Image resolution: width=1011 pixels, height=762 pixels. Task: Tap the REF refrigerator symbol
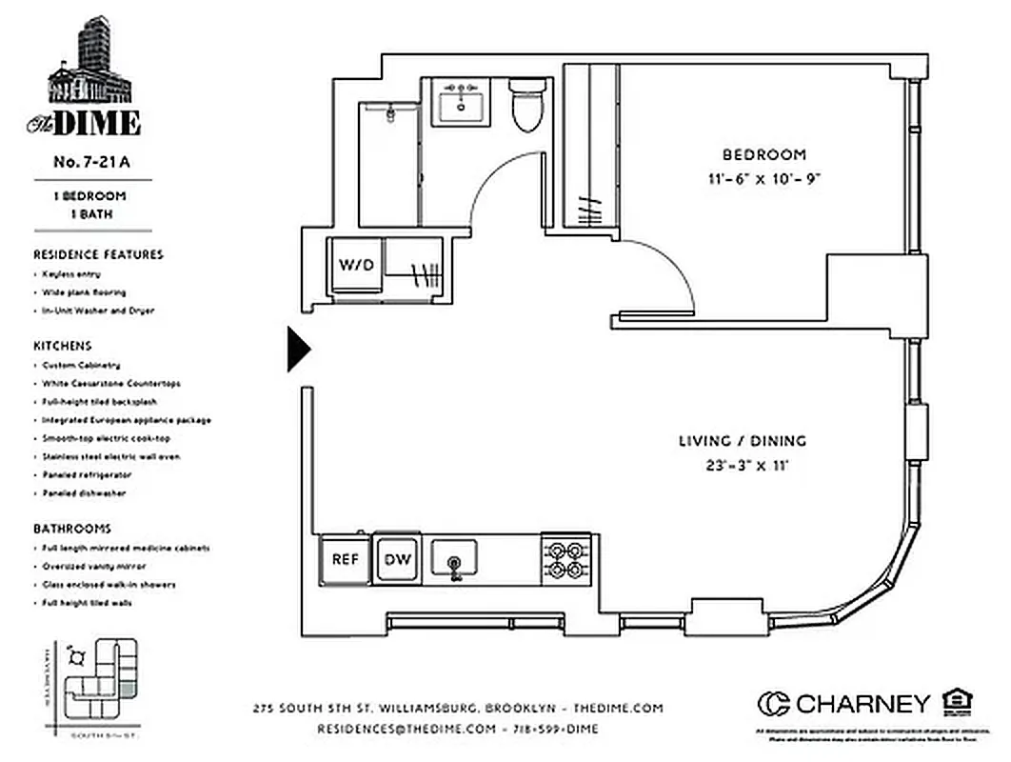(345, 558)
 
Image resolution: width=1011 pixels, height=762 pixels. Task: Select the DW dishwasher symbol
(398, 558)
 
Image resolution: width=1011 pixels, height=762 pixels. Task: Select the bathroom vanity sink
(462, 102)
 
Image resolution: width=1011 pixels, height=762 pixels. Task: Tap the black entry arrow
(298, 351)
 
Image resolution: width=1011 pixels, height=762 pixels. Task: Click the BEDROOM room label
(763, 154)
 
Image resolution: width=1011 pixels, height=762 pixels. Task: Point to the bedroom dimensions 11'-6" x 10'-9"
(763, 178)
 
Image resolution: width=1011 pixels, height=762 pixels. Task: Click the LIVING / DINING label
(742, 441)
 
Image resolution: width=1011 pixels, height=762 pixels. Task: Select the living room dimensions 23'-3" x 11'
(742, 466)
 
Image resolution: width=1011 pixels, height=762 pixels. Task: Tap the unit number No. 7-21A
(91, 162)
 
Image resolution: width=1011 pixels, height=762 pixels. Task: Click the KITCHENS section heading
(63, 346)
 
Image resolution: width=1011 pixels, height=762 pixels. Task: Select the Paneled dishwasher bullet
(84, 493)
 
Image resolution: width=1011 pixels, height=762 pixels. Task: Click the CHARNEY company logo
(843, 704)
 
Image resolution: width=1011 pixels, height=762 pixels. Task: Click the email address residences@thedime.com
(406, 729)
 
